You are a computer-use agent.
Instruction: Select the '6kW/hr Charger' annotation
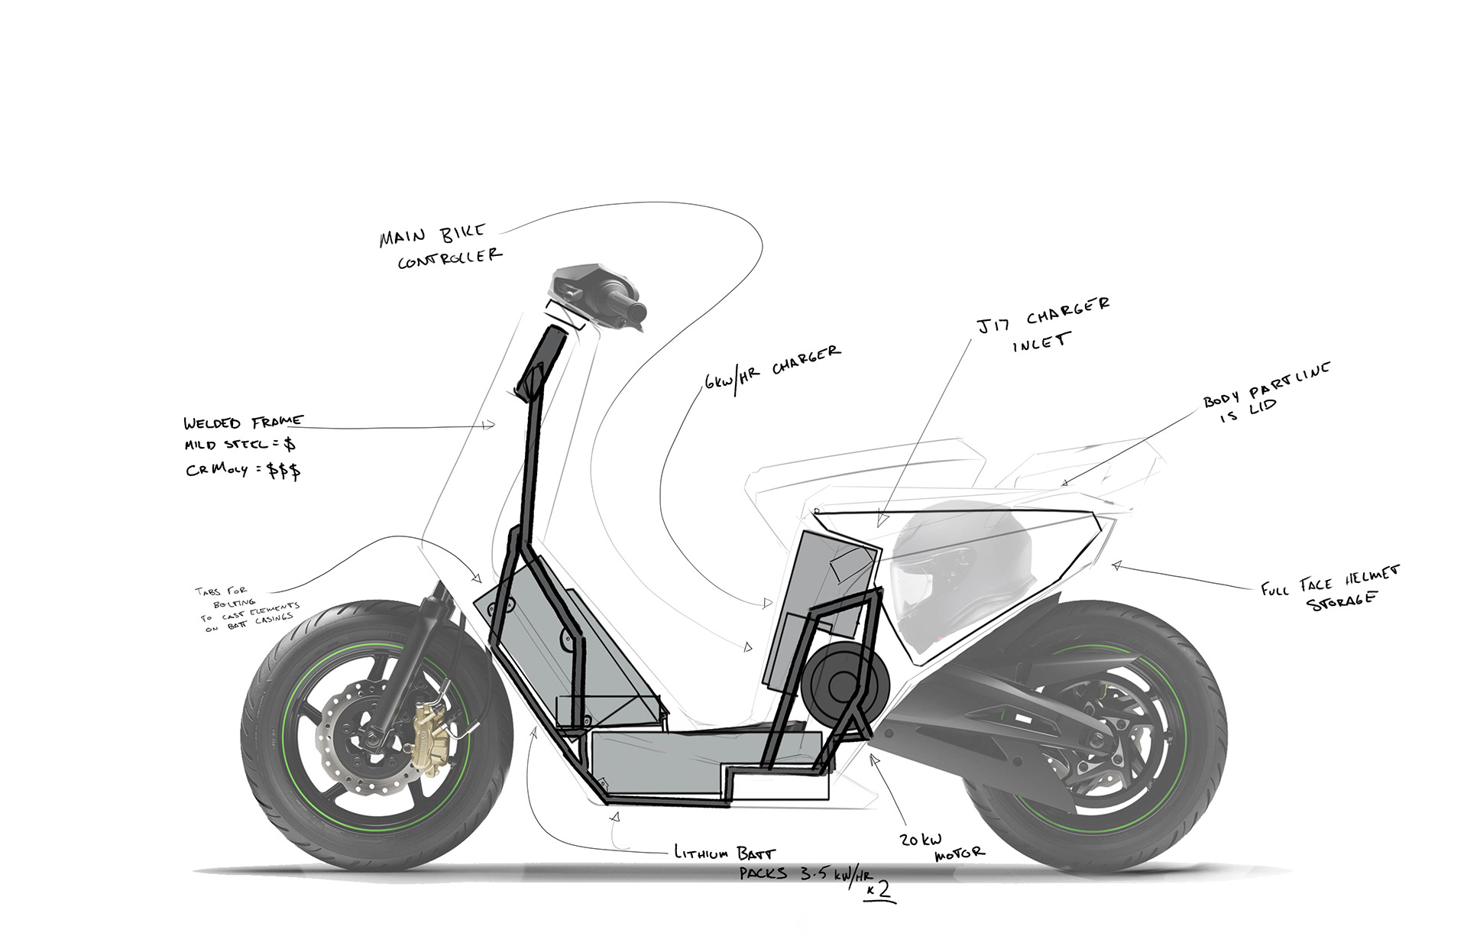click(772, 368)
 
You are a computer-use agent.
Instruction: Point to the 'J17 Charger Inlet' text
click(1043, 325)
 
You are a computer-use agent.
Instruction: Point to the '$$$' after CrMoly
click(283, 470)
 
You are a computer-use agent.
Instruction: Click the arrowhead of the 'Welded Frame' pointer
click(489, 425)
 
